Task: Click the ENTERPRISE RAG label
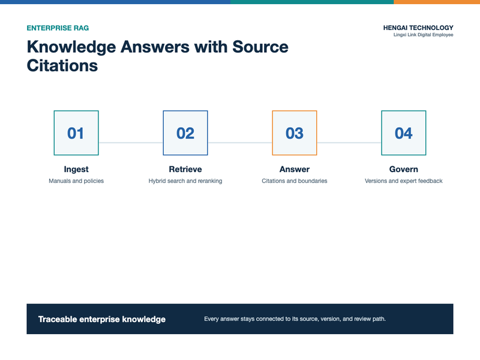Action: (58, 28)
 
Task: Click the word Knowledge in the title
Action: (71, 47)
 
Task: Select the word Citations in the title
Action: (62, 65)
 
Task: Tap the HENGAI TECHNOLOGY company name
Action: (418, 28)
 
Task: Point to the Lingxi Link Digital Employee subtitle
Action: (424, 35)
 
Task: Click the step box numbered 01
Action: (76, 133)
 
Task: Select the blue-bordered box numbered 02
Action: (185, 133)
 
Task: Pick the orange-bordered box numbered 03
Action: (295, 133)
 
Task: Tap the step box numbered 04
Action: (403, 133)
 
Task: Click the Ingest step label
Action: (76, 169)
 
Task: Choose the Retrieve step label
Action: (185, 169)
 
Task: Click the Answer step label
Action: (295, 169)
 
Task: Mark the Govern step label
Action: (403, 169)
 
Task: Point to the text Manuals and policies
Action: (76, 181)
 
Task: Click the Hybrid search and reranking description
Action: (185, 181)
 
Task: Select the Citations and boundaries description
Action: (295, 181)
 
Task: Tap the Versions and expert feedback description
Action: (403, 181)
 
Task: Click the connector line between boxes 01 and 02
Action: (131, 143)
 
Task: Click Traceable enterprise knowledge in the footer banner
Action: (102, 319)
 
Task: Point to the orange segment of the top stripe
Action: (437, 2)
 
